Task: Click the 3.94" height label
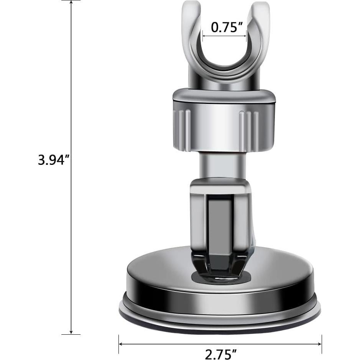(53, 159)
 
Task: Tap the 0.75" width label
(227, 27)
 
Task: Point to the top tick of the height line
(71, 1)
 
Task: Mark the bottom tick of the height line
(71, 334)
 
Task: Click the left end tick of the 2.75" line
(119, 344)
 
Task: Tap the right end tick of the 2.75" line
(321, 344)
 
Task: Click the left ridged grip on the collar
(182, 130)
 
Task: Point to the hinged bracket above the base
(220, 219)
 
